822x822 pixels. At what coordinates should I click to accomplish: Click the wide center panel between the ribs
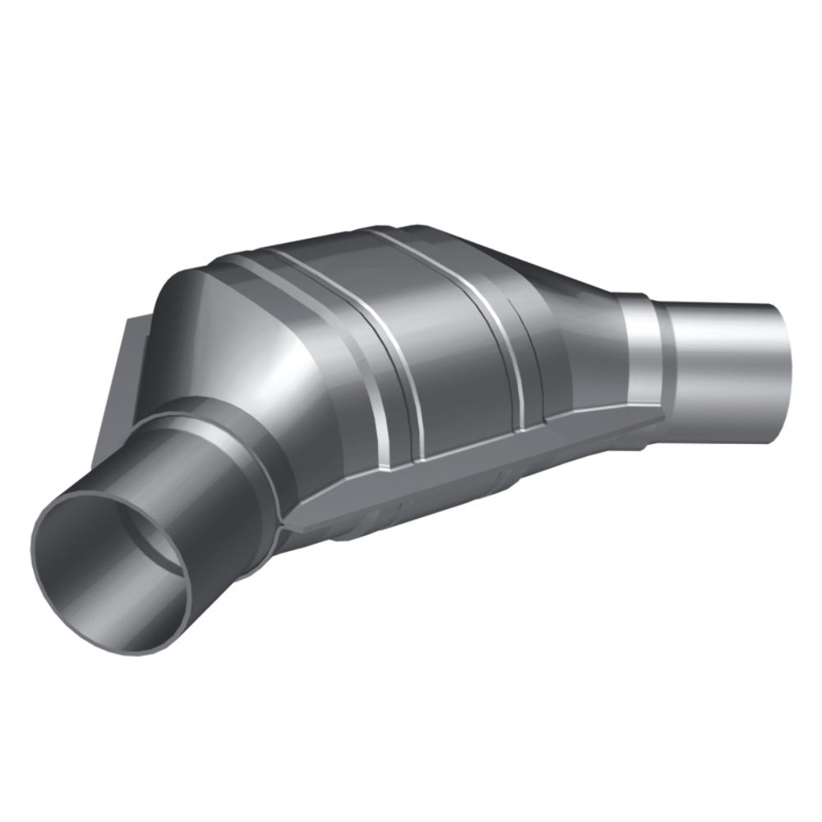(x=452, y=362)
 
